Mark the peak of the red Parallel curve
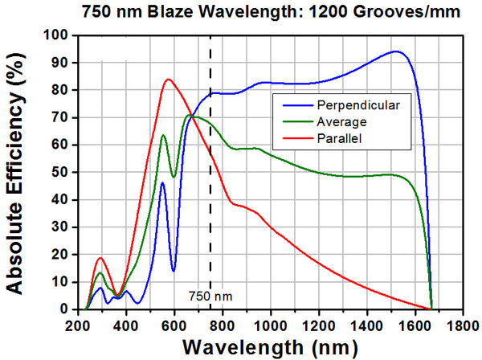click(168, 80)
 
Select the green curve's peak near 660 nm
click(190, 115)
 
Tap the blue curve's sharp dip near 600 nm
click(174, 271)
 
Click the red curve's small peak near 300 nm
click(100, 258)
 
